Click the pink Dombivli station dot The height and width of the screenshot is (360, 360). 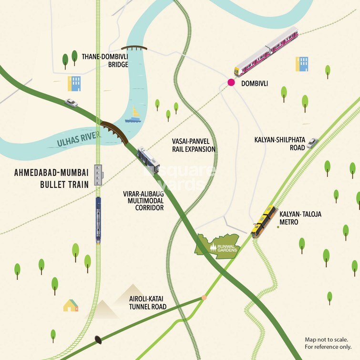point(231,82)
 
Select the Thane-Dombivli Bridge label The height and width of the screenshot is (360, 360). point(105,60)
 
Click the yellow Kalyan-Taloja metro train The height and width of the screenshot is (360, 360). point(264,221)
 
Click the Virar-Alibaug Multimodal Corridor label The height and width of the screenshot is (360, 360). point(142,201)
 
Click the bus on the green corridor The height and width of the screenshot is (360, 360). point(148,159)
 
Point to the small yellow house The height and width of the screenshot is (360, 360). point(71,305)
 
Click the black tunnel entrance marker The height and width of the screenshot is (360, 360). point(98,339)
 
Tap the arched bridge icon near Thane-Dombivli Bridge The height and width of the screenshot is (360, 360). point(134,48)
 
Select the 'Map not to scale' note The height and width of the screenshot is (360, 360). point(328,343)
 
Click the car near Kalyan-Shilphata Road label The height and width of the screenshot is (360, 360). point(312,143)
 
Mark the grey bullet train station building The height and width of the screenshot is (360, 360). point(99,175)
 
